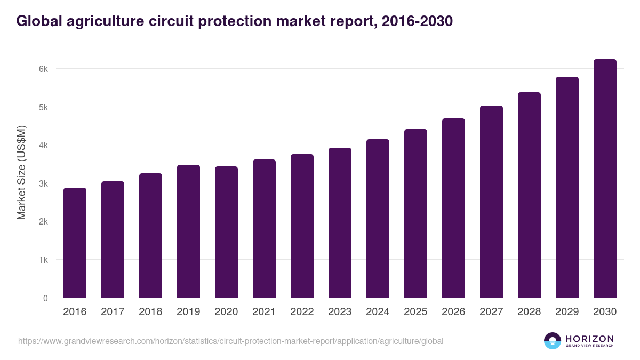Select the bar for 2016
(75, 243)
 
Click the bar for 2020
(226, 232)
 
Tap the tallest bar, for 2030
(605, 179)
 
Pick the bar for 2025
(415, 213)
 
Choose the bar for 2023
(340, 223)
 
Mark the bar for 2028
(529, 195)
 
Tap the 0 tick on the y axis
(45, 298)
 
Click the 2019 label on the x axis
(188, 312)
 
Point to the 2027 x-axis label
(491, 312)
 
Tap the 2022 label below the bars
(302, 312)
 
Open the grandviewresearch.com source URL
(230, 341)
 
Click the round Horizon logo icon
(553, 341)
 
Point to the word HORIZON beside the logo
(589, 339)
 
